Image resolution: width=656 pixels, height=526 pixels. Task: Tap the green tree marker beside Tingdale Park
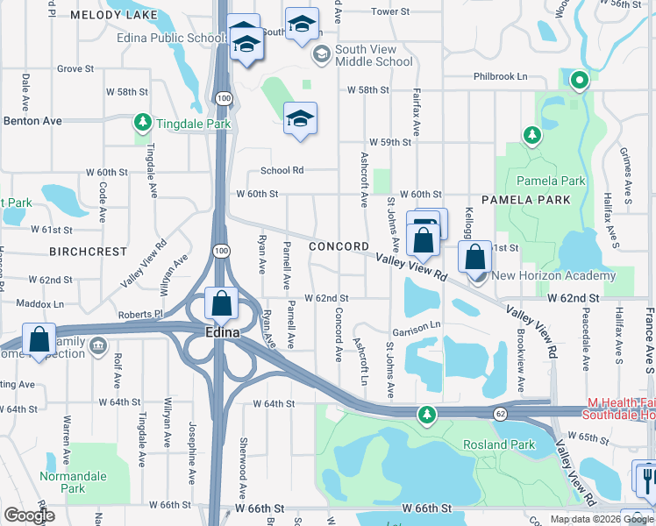(141, 121)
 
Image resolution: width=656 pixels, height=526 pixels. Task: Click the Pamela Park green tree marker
(531, 135)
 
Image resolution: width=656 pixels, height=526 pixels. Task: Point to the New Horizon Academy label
(553, 276)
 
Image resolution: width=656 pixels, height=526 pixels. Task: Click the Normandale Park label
(62, 482)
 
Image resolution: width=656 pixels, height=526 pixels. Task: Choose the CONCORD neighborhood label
(339, 247)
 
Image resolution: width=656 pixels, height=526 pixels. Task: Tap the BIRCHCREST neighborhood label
(89, 252)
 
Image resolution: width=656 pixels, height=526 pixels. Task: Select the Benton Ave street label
(32, 120)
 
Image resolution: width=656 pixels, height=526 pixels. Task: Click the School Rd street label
(282, 171)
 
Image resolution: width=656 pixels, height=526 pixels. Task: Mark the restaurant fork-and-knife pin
(645, 478)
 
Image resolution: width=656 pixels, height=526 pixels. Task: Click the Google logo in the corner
(30, 515)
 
